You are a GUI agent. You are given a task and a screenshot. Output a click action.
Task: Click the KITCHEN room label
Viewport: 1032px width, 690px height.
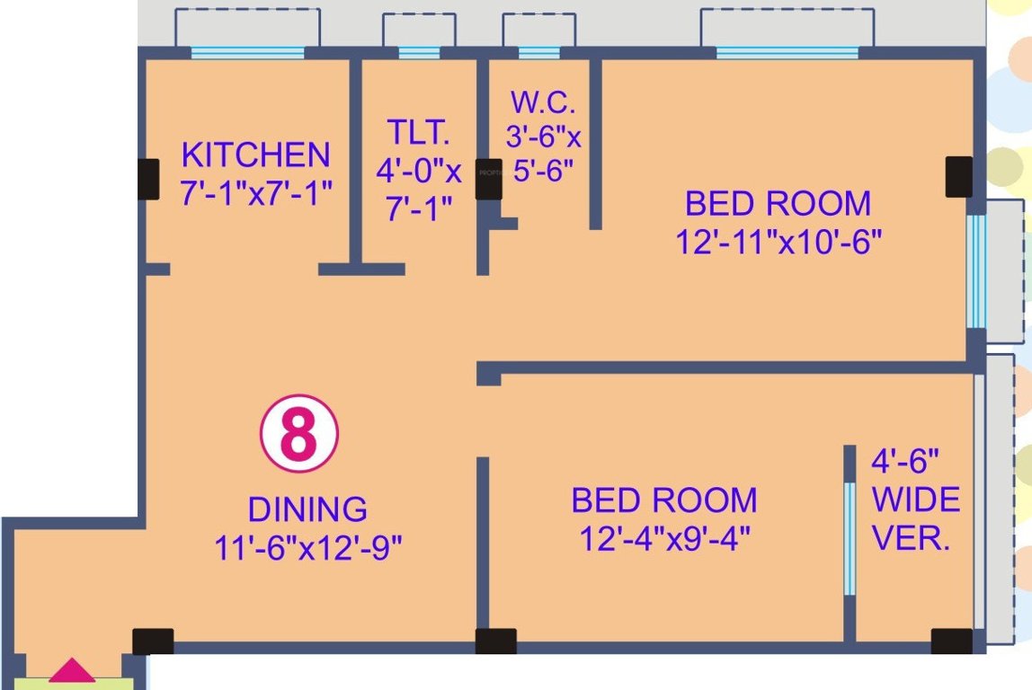255,155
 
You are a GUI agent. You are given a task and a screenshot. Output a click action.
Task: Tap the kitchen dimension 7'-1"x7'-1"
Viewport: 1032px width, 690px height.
256,193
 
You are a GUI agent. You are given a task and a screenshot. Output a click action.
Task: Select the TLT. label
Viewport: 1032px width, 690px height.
418,132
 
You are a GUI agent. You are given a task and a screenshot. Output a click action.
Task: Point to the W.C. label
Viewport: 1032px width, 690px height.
538,102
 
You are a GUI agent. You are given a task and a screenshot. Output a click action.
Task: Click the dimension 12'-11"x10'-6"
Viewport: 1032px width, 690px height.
778,243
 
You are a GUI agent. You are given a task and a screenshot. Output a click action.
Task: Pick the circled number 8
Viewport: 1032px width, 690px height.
299,435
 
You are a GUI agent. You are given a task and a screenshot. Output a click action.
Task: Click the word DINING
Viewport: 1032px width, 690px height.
307,509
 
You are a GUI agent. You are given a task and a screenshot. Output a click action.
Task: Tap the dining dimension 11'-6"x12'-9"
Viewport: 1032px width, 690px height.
307,546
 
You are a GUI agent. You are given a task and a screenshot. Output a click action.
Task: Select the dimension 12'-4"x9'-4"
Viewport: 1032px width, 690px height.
664,539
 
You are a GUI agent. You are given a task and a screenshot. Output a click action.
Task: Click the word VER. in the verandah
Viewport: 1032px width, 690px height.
912,538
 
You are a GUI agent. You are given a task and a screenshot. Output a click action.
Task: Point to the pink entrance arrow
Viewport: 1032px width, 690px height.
71,670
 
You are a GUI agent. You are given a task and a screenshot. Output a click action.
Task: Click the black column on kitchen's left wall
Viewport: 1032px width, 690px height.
148,179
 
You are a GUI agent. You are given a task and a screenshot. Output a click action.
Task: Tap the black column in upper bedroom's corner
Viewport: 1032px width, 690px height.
958,176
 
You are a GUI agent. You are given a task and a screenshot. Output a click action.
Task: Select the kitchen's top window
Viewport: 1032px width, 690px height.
247,53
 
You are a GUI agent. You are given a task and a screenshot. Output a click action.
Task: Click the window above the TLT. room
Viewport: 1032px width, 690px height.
419,53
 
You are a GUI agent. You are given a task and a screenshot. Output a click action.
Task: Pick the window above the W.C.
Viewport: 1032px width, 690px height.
539,53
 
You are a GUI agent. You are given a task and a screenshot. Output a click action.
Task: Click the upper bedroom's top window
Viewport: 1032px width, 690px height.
787,53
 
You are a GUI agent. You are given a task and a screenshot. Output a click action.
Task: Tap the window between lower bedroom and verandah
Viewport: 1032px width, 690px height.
849,539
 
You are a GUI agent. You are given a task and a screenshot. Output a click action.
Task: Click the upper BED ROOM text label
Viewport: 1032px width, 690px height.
778,204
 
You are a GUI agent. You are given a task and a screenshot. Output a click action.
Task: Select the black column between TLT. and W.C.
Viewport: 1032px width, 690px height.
488,179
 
